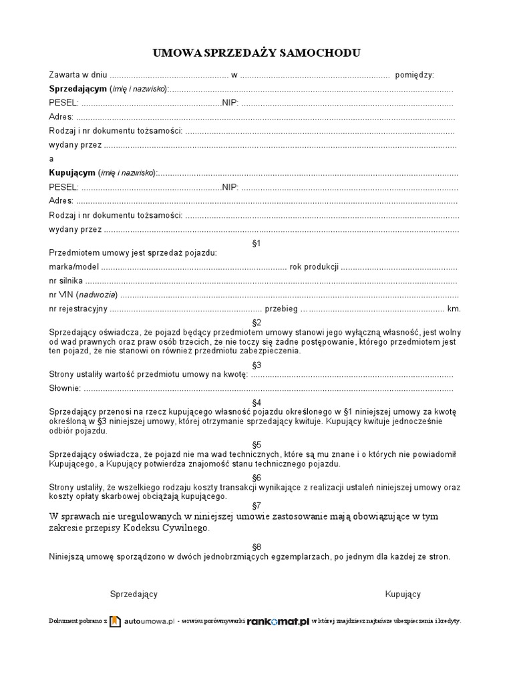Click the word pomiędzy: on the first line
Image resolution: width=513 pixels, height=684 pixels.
point(415,75)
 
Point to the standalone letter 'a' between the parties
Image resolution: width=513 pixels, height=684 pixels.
point(51,159)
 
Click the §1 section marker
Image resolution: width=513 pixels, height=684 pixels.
point(256,243)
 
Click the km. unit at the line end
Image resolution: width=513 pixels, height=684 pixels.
point(454,309)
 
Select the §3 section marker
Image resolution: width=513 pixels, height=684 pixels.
point(256,365)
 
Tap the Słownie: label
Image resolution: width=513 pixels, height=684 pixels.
point(65,388)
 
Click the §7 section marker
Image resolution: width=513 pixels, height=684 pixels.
point(256,505)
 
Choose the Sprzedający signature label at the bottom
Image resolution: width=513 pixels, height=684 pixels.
point(134,594)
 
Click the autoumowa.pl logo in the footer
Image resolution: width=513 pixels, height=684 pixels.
point(142,621)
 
